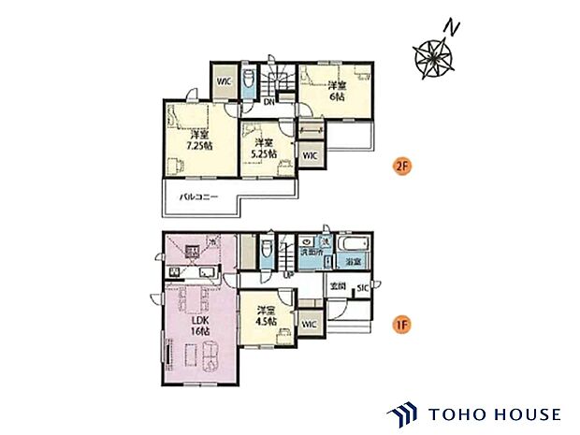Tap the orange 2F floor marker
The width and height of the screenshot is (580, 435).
(x=401, y=168)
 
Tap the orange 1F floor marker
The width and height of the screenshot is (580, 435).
(x=401, y=326)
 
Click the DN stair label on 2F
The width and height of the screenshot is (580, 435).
(x=268, y=101)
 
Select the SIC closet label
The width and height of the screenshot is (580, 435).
(x=362, y=288)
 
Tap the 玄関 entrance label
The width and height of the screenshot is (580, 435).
(x=337, y=285)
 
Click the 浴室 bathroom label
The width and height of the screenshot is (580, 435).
(x=355, y=264)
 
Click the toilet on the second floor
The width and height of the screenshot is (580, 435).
(x=248, y=82)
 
